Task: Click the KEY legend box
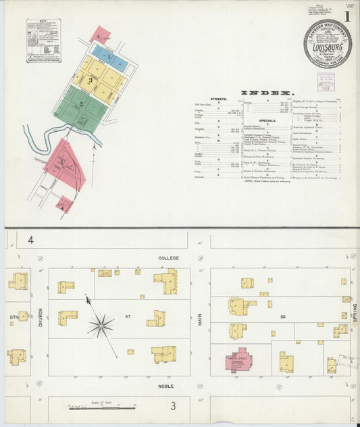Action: tap(43, 41)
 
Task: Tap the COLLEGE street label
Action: tap(168, 258)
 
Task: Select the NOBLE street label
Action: tap(166, 386)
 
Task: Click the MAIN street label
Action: tap(200, 319)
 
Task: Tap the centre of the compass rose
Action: tap(101, 326)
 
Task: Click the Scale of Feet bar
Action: tap(101, 407)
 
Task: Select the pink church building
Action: tap(238, 360)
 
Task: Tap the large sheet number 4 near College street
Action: tap(30, 240)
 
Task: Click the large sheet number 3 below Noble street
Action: tap(174, 405)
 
